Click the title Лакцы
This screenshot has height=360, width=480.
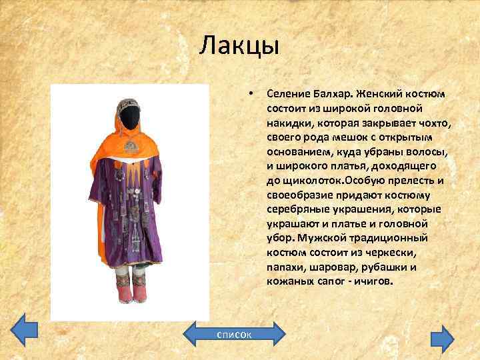pyautogui.click(x=239, y=47)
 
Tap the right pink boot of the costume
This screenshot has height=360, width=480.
pyautogui.click(x=141, y=295)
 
